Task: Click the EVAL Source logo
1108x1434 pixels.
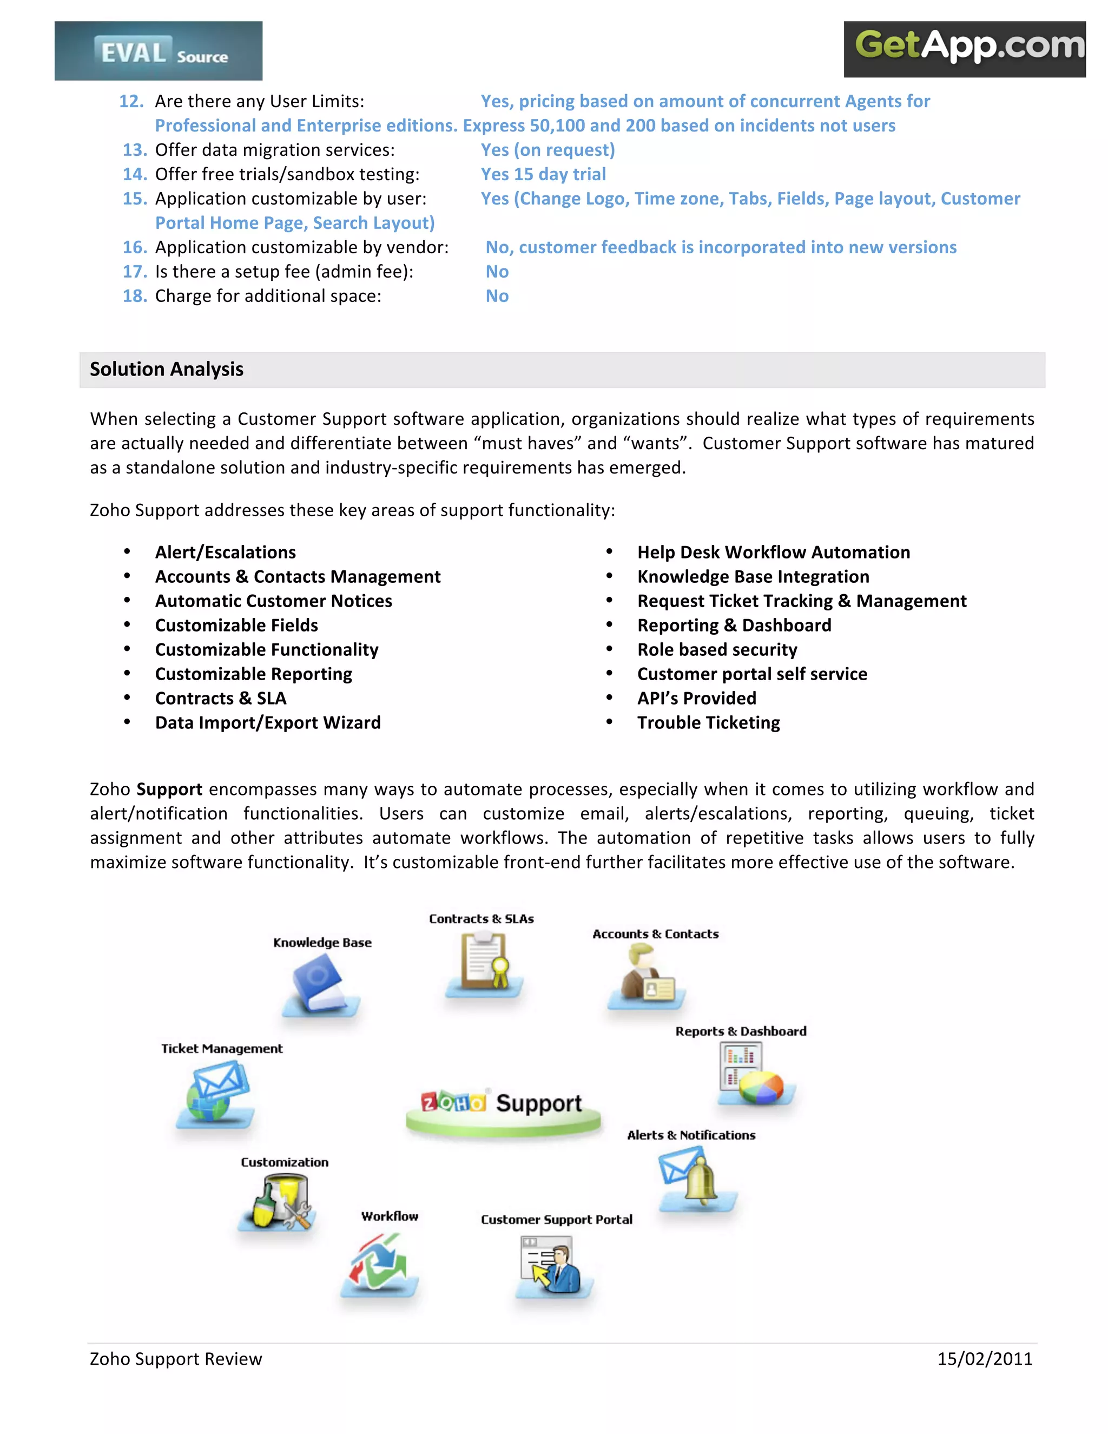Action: tap(158, 51)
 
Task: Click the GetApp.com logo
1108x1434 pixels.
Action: tap(964, 49)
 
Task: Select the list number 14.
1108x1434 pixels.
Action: tap(135, 174)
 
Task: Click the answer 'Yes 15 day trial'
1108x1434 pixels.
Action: tap(543, 174)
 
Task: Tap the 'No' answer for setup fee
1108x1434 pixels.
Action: tap(497, 272)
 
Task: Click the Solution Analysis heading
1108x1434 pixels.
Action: tap(167, 370)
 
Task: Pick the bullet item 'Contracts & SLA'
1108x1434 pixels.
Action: tap(221, 698)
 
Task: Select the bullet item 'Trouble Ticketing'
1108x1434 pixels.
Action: tap(708, 722)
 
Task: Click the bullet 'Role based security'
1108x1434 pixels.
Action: tap(717, 649)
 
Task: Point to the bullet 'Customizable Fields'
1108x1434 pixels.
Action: tap(236, 625)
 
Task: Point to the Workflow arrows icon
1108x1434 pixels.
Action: tap(379, 1262)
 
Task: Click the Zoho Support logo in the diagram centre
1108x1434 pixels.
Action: tap(502, 1106)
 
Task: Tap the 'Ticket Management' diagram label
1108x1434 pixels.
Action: tap(222, 1049)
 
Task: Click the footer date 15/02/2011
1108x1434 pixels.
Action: tap(984, 1359)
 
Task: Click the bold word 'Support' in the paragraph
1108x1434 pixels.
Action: tap(169, 789)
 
